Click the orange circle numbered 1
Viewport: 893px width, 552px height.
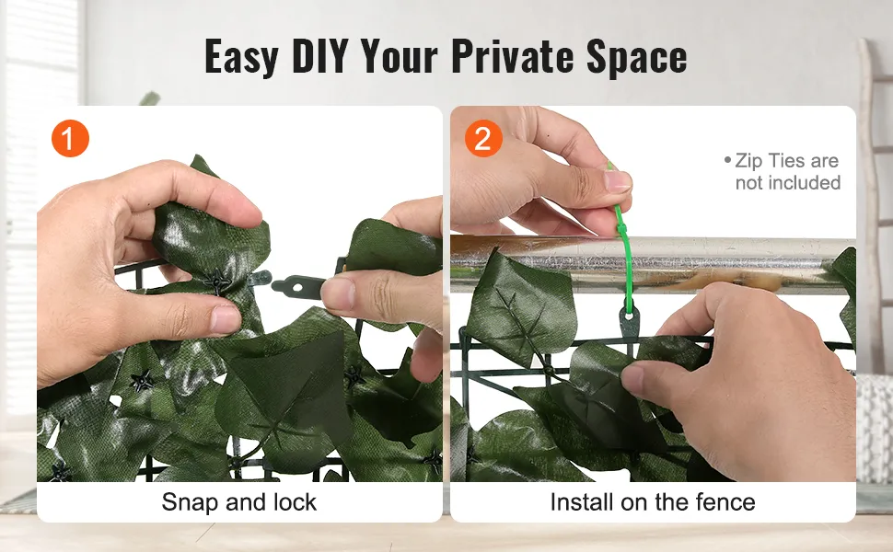[70, 138]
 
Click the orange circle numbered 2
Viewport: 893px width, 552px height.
[483, 138]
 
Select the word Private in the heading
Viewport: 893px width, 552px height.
[512, 56]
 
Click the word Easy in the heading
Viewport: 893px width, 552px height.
[241, 57]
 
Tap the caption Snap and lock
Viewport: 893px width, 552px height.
[238, 502]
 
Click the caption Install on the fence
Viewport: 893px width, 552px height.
[653, 502]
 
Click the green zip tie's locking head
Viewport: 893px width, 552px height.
[621, 230]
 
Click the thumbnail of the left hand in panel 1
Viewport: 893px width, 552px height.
[226, 318]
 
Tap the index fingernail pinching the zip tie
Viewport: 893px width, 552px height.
[618, 181]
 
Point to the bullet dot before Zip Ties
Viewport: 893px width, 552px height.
[727, 160]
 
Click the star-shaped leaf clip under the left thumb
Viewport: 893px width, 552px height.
[218, 282]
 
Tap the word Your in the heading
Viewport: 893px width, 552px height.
[399, 56]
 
